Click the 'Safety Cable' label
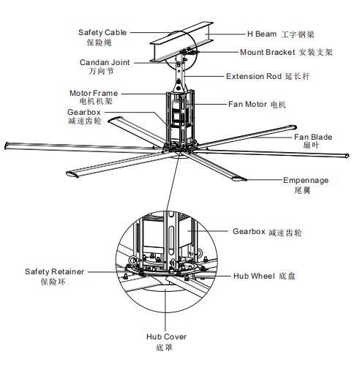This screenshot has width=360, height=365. coord(102,32)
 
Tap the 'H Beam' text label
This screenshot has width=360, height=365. coord(262,34)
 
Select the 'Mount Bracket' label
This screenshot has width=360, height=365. coord(268,52)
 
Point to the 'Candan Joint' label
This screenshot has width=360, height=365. coord(105,62)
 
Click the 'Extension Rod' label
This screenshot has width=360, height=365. coord(254,76)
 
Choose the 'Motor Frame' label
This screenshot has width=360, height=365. coord(94,93)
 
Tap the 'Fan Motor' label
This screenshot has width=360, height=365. coord(247,105)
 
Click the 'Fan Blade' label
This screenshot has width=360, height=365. coord(313,137)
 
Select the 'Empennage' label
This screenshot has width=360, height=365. coord(306,181)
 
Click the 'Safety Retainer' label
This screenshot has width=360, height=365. coord(54,271)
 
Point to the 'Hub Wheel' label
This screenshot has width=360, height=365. coord(254,276)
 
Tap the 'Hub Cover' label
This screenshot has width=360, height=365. coord(166,336)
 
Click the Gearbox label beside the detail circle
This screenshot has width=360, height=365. coord(249,231)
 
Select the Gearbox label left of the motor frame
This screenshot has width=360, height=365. coord(84,112)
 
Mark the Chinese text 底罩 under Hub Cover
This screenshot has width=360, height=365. coord(164,347)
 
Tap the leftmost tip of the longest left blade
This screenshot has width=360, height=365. coord(5,146)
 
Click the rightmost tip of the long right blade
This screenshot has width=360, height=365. coord(348,156)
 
